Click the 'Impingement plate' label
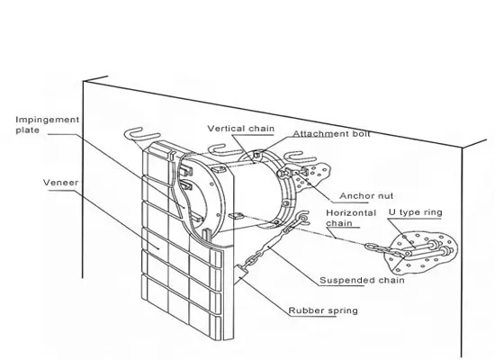[x=48, y=125]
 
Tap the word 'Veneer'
[x=60, y=183]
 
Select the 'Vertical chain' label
[x=241, y=129]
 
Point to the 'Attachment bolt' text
[x=331, y=133]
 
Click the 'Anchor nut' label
[x=366, y=196]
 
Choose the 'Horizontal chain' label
[x=351, y=218]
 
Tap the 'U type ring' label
[x=415, y=212]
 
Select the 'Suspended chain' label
[x=362, y=280]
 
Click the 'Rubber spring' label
[x=323, y=310]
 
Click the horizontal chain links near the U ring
[x=383, y=248]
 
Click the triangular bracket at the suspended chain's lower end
[x=241, y=272]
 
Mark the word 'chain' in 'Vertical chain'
[x=261, y=129]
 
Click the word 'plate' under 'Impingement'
[x=28, y=130]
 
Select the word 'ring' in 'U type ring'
[x=433, y=212]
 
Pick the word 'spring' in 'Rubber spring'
[x=343, y=311]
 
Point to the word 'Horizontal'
[x=351, y=213]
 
